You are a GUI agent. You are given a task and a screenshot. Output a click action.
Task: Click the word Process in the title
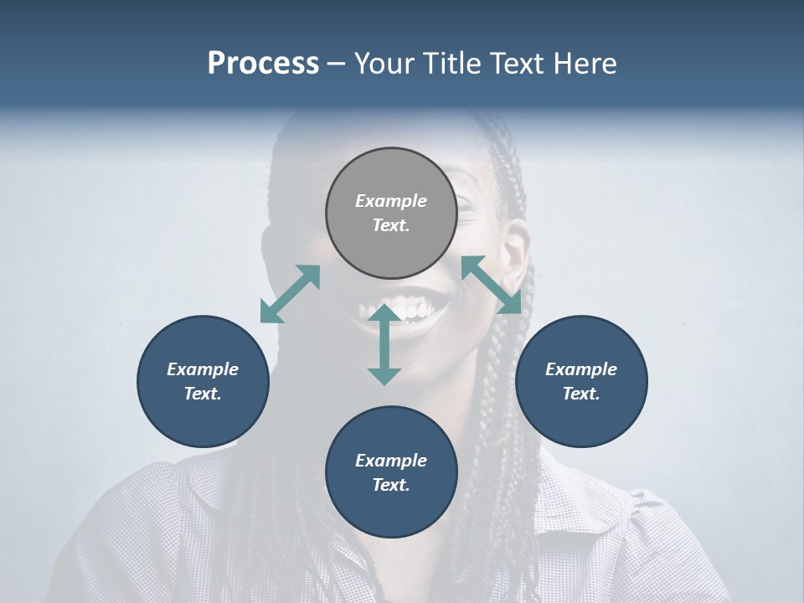coord(263,64)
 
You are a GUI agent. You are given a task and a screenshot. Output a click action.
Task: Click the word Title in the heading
coord(452,64)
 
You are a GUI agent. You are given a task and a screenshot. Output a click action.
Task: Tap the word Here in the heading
coord(584,64)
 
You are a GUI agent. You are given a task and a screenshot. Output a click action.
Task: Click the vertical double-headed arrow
coord(384,344)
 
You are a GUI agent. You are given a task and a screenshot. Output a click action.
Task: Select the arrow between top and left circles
coord(291,294)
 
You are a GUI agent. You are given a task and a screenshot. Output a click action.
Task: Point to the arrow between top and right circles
coord(492,285)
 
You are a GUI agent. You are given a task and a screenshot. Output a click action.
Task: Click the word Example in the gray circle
coord(391,201)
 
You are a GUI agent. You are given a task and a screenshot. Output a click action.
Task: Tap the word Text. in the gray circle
coord(391,225)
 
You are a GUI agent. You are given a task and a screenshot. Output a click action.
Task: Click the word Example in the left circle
coord(203,369)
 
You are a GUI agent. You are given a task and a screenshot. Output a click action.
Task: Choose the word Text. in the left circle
coord(203,394)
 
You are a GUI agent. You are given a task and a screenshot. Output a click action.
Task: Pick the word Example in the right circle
coord(581,369)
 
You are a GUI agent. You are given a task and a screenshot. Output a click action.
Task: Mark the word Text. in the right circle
coord(581,394)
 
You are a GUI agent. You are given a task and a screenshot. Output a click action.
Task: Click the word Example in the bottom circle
coord(391,461)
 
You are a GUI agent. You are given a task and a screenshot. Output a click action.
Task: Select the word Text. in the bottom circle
coord(391,485)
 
